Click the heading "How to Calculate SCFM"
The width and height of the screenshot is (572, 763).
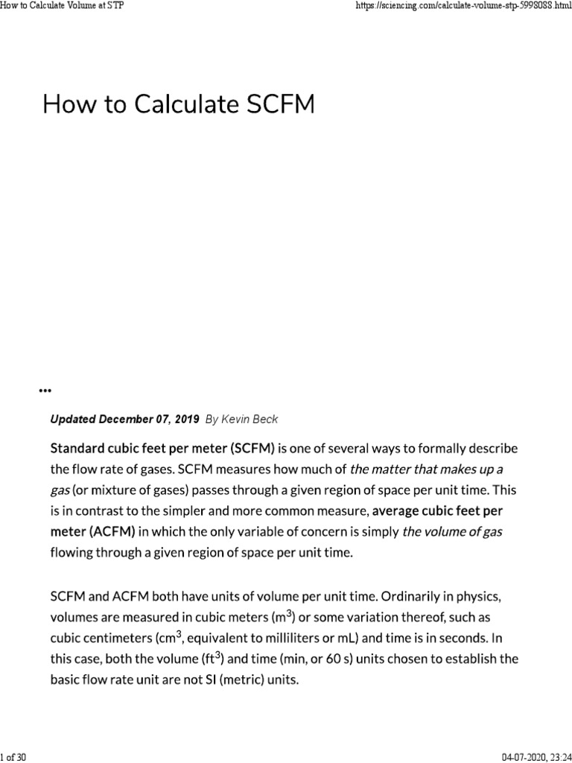pos(179,104)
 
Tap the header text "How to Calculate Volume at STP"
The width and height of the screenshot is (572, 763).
pos(62,6)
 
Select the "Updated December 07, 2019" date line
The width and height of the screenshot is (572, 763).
pos(124,420)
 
